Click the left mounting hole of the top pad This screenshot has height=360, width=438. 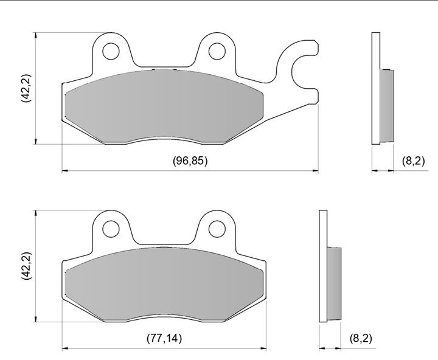[x=111, y=51]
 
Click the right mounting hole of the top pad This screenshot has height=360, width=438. [x=217, y=51]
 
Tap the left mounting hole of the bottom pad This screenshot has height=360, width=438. [x=111, y=229]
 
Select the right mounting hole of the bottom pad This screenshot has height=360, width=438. [x=217, y=229]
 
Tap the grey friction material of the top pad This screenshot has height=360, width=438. [x=164, y=106]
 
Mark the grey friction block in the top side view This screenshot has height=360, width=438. [x=387, y=106]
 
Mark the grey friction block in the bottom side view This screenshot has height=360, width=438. [x=334, y=284]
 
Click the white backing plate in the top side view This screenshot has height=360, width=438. [x=376, y=88]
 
